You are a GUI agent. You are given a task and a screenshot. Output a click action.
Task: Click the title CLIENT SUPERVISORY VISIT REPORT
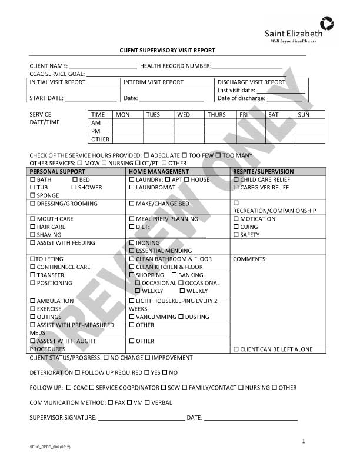pyautogui.click(x=168, y=51)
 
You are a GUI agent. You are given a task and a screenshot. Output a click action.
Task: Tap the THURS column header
pyautogui.click(x=216, y=115)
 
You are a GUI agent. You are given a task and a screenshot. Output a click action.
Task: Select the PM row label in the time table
pyautogui.click(x=95, y=131)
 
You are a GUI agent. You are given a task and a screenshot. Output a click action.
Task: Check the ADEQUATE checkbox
pyautogui.click(x=146, y=155)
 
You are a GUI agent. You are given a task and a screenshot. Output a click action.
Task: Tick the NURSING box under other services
pyautogui.click(x=104, y=163)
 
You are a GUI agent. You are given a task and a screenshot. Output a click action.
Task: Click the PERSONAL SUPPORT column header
pyautogui.click(x=57, y=171)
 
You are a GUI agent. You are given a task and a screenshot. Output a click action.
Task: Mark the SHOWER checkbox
pyautogui.click(x=74, y=188)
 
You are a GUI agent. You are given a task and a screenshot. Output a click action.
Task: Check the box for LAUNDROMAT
pyautogui.click(x=132, y=188)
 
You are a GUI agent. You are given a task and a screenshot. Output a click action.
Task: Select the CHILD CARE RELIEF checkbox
pyautogui.click(x=236, y=179)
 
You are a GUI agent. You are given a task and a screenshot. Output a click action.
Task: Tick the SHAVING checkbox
pyautogui.click(x=32, y=235)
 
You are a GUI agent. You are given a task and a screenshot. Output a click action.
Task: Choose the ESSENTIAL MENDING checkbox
pyautogui.click(x=132, y=251)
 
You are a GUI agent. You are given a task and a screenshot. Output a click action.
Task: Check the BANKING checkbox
pyautogui.click(x=174, y=275)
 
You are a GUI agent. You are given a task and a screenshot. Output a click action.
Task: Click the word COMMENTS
pyautogui.click(x=249, y=259)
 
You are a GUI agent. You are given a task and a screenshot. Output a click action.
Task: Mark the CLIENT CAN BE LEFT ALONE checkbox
pyautogui.click(x=236, y=349)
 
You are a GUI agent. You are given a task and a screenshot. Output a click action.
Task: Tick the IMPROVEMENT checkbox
pyautogui.click(x=148, y=357)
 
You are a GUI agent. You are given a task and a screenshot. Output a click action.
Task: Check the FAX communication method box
pyautogui.click(x=111, y=403)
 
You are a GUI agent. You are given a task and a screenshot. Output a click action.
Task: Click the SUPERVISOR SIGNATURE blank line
pyautogui.click(x=141, y=419)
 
